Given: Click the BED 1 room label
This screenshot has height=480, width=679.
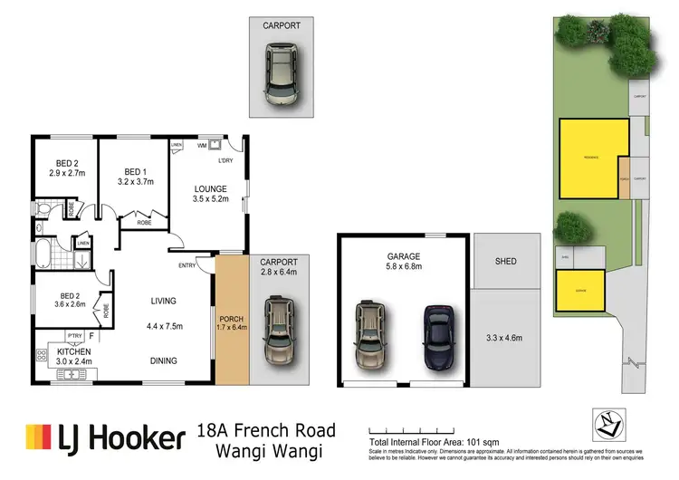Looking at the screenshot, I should pos(134,171).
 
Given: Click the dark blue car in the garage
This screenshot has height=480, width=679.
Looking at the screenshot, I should pos(438,336).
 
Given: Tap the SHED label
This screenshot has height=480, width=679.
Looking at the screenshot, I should pos(505,262).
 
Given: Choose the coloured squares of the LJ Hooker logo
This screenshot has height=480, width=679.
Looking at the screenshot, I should pos(40,438).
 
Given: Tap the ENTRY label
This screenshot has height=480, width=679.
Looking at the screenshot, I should pos(187,264).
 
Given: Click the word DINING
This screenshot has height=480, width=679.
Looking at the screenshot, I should pos(163,360).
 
